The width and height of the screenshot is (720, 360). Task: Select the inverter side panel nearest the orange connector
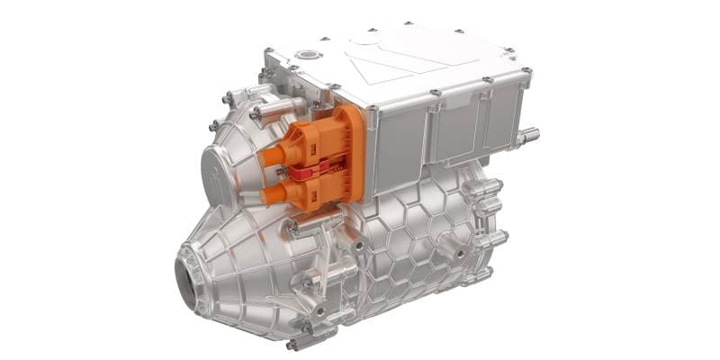coord(400,145)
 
